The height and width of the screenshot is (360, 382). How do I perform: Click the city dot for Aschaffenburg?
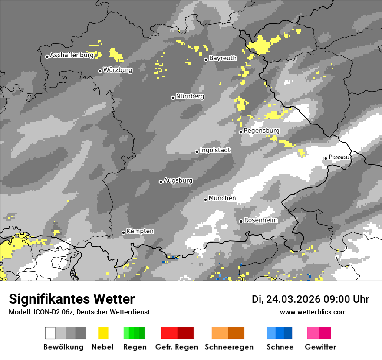(x=47, y=56)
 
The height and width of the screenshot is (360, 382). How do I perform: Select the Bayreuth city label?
(x=223, y=58)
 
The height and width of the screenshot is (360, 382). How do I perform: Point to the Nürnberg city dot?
(x=173, y=98)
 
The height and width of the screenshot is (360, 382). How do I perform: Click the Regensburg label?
(x=261, y=131)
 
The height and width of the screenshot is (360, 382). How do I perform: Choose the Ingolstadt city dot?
(x=197, y=151)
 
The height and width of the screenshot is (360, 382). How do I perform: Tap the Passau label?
(x=339, y=157)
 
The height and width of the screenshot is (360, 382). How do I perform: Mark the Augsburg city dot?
(x=161, y=182)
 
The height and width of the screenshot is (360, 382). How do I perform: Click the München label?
(x=222, y=198)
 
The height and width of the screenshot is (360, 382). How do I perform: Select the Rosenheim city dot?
(x=241, y=221)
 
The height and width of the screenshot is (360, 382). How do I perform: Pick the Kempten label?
(x=140, y=231)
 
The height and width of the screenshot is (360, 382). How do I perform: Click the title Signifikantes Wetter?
(x=72, y=299)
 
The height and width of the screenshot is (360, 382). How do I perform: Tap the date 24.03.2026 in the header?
(x=293, y=299)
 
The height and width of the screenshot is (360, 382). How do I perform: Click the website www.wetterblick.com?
(x=313, y=312)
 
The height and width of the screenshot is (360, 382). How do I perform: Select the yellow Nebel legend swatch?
(x=103, y=333)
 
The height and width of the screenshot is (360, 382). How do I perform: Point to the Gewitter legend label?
(x=320, y=347)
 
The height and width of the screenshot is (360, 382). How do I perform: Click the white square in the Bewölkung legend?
(x=50, y=333)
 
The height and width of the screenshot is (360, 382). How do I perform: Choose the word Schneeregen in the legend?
(x=229, y=347)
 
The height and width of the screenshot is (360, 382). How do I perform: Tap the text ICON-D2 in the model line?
(x=45, y=312)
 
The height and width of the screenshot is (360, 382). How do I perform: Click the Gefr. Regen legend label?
(x=177, y=347)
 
